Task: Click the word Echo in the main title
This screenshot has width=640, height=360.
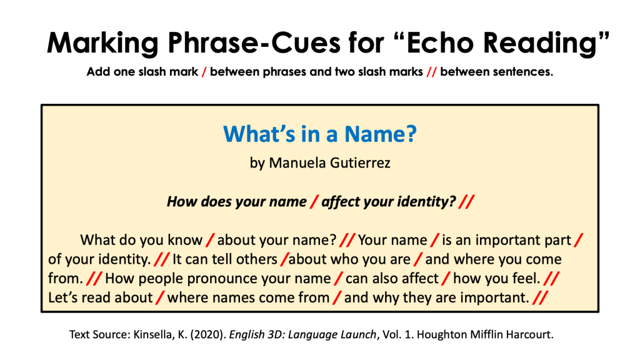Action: tap(441, 42)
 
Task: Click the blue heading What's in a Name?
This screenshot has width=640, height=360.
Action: tap(320, 134)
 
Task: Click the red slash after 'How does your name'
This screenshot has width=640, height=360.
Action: tap(314, 202)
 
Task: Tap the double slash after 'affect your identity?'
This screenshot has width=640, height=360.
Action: tap(466, 202)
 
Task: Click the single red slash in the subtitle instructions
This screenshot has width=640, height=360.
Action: tap(204, 72)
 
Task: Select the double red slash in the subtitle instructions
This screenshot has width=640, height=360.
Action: tap(431, 72)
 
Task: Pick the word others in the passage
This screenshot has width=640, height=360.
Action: tap(253, 259)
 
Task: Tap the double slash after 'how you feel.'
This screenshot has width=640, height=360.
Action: tap(551, 278)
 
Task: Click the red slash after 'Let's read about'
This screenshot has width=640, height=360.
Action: tap(160, 297)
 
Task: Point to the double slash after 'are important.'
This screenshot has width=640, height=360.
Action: tap(540, 297)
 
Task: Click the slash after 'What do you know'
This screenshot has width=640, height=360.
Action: tap(210, 240)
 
